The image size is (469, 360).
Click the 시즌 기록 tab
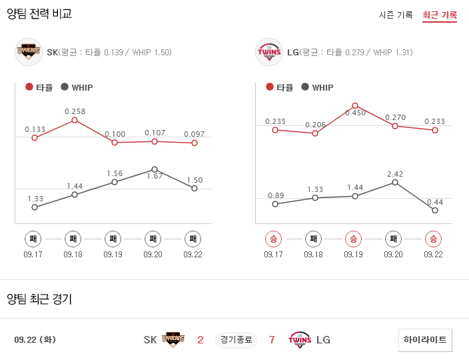(x=396, y=15)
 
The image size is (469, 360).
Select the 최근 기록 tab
(x=440, y=15)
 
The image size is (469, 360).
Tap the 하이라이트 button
(x=426, y=339)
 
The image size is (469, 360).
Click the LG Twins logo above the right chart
(x=269, y=52)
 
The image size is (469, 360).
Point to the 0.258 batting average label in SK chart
(x=75, y=111)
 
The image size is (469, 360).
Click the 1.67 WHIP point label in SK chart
(x=155, y=176)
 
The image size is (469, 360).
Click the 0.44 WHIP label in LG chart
(x=435, y=201)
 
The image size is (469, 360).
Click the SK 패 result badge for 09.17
(x=33, y=239)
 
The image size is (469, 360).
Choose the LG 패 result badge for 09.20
(x=394, y=239)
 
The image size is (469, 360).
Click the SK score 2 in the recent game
(x=200, y=340)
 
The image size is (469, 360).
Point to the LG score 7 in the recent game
(x=272, y=340)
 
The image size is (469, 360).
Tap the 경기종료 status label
(x=236, y=340)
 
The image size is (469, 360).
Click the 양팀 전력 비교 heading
(x=39, y=13)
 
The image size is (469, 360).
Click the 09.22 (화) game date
(x=35, y=340)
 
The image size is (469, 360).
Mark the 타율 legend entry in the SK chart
(x=39, y=87)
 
